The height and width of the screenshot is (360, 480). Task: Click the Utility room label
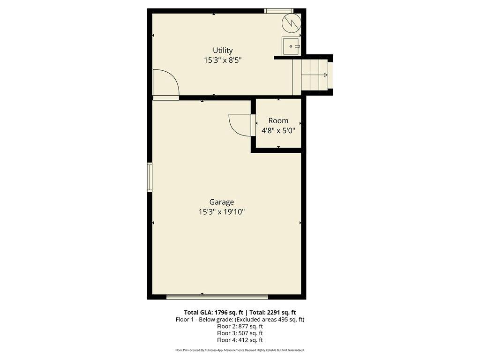(223, 50)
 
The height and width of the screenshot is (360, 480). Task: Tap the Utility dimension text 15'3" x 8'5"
(223, 60)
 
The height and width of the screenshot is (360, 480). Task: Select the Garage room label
(222, 202)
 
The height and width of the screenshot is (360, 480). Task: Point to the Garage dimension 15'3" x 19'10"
(222, 212)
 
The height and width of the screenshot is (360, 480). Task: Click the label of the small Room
(278, 120)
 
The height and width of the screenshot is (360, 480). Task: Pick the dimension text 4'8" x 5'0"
(278, 131)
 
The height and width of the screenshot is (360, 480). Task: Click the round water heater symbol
(291, 22)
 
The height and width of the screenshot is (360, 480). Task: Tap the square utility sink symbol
(291, 46)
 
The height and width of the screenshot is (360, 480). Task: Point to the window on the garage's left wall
(150, 177)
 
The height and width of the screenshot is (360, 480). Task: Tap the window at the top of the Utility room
(278, 10)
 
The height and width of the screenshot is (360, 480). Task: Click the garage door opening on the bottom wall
(217, 296)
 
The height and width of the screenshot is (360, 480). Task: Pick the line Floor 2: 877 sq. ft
(240, 326)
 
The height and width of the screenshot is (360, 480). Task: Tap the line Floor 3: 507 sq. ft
(240, 333)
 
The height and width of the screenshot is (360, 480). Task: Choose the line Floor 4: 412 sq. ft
(240, 340)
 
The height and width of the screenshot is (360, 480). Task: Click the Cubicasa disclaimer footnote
(240, 350)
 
